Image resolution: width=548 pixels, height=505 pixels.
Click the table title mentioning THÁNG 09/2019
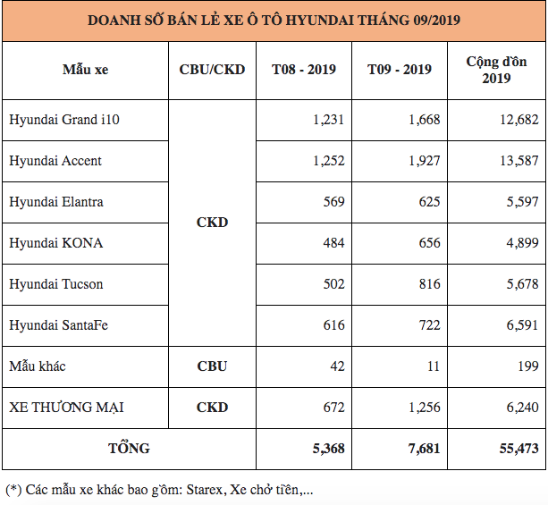pyautogui.click(x=274, y=20)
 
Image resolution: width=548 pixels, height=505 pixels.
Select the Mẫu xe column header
pyautogui.click(x=85, y=70)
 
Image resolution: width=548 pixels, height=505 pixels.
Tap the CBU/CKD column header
pyautogui.click(x=212, y=70)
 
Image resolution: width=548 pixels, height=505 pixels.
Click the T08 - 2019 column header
pyautogui.click(x=304, y=70)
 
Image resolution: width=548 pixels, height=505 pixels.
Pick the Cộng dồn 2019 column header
pyautogui.click(x=496, y=70)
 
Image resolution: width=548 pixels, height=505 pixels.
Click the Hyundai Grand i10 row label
pyautogui.click(x=64, y=120)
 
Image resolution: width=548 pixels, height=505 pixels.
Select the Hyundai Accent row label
pyautogui.click(x=55, y=161)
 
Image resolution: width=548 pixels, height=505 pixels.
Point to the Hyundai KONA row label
pyautogui.click(x=55, y=243)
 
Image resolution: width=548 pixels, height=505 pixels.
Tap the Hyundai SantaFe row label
pyautogui.click(x=60, y=325)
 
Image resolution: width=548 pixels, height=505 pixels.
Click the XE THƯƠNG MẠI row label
pyautogui.click(x=66, y=408)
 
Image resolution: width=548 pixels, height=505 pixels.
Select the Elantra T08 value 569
pyautogui.click(x=333, y=202)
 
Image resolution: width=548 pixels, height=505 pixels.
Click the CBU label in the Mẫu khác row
pyautogui.click(x=212, y=366)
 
